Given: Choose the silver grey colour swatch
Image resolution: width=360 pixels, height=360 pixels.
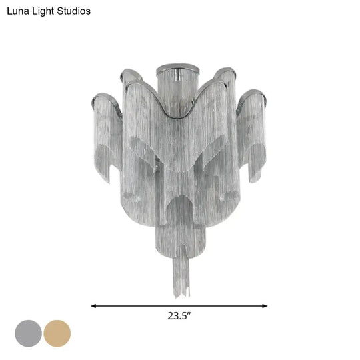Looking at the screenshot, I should click(x=27, y=331).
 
